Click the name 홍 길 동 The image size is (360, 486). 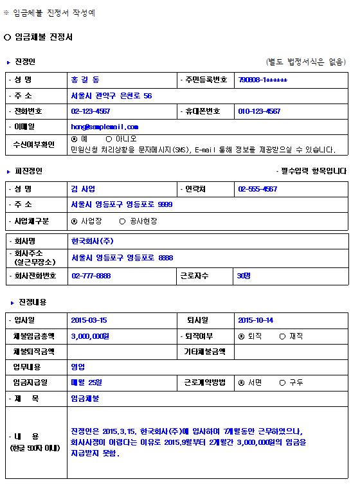(x=85, y=80)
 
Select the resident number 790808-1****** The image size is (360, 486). (x=262, y=80)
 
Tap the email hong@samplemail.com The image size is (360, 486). (x=104, y=127)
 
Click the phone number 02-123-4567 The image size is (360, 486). (x=91, y=112)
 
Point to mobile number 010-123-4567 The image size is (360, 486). (x=259, y=112)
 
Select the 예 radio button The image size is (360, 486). (x=75, y=139)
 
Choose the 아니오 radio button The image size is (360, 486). (x=109, y=139)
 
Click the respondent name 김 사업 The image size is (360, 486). (x=83, y=189)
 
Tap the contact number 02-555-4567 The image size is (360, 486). (x=257, y=189)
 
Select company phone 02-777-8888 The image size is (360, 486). (x=91, y=276)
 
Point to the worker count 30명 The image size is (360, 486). (x=244, y=276)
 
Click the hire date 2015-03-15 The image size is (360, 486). (x=89, y=320)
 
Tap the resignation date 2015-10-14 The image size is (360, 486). (x=255, y=320)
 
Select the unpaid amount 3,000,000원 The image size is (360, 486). (x=90, y=336)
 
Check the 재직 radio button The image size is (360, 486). (x=282, y=336)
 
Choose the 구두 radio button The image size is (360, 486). (x=282, y=382)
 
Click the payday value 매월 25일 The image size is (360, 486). (x=86, y=382)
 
